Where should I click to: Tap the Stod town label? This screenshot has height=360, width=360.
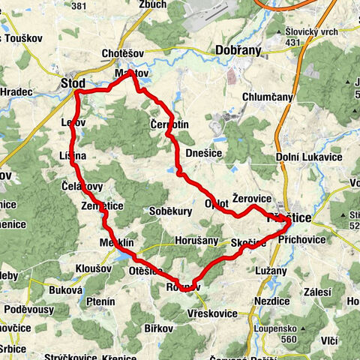coord(73,82)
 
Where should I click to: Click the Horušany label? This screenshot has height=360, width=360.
coord(197,241)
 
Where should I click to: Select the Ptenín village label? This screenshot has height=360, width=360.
coord(100,301)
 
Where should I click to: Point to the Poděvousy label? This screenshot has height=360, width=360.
coord(28,309)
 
